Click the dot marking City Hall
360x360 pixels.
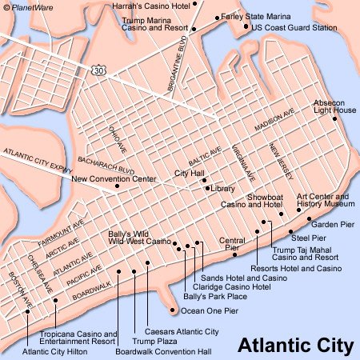[205, 180]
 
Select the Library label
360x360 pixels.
[224, 189]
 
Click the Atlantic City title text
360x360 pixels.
[295, 346]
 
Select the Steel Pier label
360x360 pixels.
[310, 237]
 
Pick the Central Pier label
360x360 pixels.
[232, 244]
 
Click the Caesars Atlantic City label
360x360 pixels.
[182, 330]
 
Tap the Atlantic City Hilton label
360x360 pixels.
[56, 351]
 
